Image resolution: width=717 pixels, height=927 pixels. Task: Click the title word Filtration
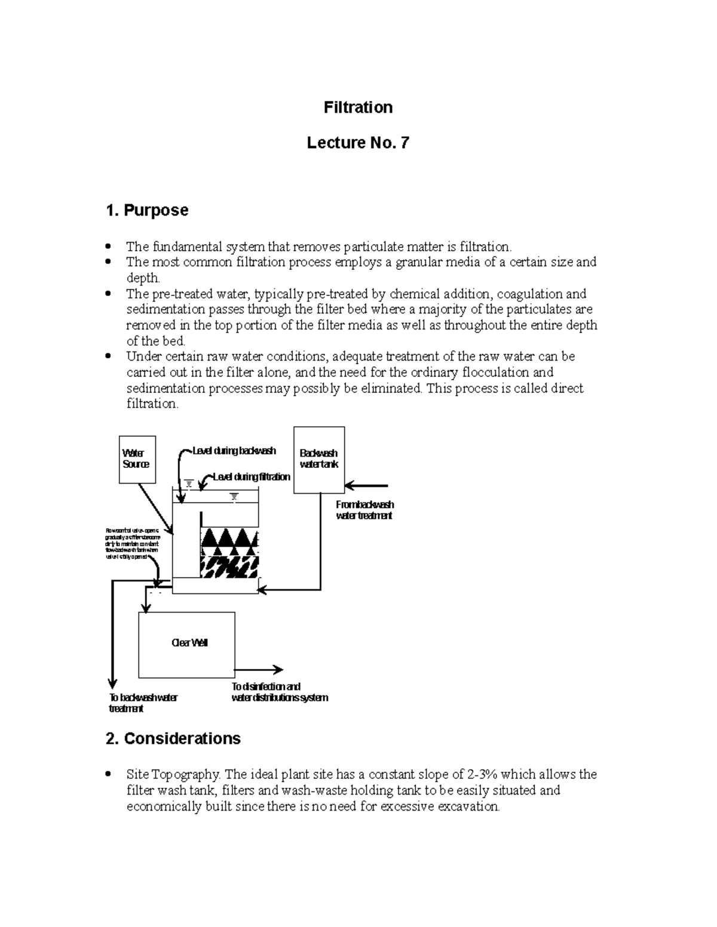click(x=358, y=107)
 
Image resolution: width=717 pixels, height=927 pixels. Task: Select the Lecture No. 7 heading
click(x=358, y=143)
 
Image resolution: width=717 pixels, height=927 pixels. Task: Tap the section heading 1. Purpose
click(x=146, y=210)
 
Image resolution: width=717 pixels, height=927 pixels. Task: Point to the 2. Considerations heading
click(x=173, y=738)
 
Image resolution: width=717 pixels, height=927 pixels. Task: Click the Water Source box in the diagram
click(x=137, y=459)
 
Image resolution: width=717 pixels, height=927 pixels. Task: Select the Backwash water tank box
click(x=319, y=460)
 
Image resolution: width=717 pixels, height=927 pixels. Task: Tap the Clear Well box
click(x=186, y=644)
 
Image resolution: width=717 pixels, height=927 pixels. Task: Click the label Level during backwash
click(x=234, y=451)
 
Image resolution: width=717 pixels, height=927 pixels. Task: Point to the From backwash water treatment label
click(x=364, y=510)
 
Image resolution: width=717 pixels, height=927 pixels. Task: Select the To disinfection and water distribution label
click(x=279, y=692)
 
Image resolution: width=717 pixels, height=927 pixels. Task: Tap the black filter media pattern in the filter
click(x=230, y=553)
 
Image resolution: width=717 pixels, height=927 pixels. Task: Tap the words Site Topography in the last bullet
click(x=173, y=774)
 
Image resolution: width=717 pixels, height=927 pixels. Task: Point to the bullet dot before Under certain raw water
click(x=108, y=356)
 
